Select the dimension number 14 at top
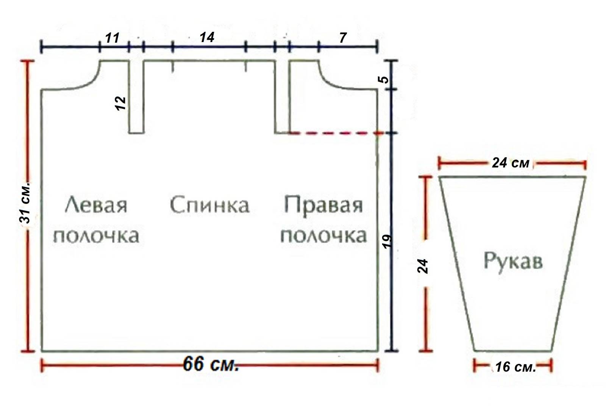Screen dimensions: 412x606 207,37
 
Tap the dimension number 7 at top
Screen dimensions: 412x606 343,37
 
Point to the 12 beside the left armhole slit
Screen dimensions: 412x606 120,103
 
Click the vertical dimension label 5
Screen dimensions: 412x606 384,80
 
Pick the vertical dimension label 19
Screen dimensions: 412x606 387,241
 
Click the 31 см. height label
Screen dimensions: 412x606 25,205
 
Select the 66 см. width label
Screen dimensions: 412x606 211,364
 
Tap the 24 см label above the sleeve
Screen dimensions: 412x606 511,163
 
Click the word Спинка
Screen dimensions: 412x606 209,205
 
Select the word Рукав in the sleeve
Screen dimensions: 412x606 513,261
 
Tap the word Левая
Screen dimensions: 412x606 96,206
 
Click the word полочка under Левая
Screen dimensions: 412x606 96,236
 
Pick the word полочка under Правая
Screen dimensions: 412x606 323,236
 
